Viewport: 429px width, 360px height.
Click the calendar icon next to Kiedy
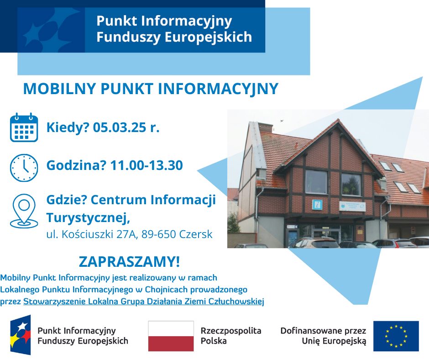click(24, 127)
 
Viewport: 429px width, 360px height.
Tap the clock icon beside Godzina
click(24, 168)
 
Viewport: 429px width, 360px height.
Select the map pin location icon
click(24, 211)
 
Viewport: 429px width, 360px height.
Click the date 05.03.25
click(120, 127)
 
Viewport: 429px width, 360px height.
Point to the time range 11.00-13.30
click(146, 165)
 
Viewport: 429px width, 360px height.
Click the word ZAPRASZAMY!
click(130, 262)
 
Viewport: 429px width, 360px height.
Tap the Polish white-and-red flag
click(171, 336)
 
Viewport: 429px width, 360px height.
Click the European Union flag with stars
click(396, 336)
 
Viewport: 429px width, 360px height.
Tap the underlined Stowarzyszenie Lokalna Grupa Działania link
click(144, 302)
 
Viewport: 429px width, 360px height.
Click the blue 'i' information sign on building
click(317, 205)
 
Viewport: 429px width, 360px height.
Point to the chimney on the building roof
click(266, 127)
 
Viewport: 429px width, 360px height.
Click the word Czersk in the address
click(196, 234)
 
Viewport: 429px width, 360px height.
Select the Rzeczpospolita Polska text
click(231, 336)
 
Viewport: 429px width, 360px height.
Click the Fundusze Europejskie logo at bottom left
click(21, 335)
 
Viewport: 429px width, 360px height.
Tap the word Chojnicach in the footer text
click(166, 290)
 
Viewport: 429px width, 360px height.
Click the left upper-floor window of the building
click(316, 182)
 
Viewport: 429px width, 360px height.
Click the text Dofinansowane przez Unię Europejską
click(323, 336)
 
